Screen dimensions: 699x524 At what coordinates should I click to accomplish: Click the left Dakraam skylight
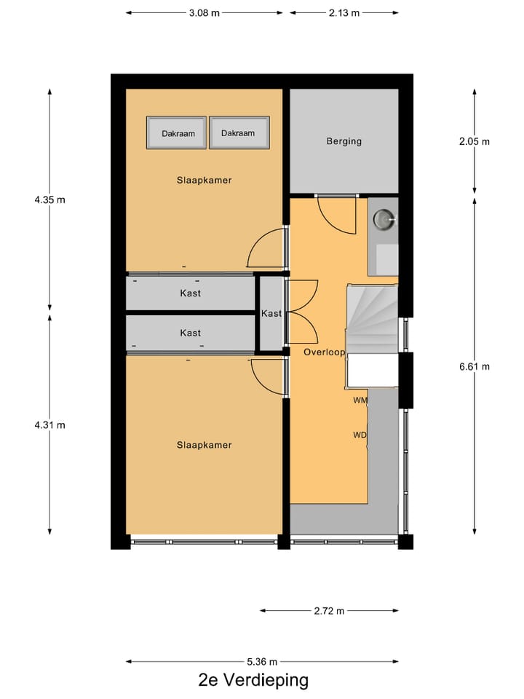click(177, 133)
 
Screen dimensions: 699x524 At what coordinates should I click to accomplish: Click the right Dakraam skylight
click(239, 133)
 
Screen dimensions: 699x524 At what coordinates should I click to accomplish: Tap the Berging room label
click(344, 141)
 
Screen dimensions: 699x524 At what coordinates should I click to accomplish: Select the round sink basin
click(384, 218)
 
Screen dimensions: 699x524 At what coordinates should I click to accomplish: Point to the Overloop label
click(323, 351)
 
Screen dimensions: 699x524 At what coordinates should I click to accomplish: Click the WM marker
click(360, 400)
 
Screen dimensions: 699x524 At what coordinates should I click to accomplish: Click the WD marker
click(360, 435)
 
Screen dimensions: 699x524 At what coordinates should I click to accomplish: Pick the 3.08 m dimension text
click(205, 12)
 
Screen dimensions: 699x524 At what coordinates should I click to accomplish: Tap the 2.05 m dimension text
click(475, 141)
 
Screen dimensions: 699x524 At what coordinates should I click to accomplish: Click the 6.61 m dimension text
click(475, 366)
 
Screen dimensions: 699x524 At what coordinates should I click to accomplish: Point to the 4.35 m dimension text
click(49, 200)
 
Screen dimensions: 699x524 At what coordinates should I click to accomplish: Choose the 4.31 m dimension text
click(49, 425)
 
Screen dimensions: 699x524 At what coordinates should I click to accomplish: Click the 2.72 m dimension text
click(328, 611)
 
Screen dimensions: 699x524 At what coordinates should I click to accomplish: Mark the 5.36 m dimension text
click(262, 662)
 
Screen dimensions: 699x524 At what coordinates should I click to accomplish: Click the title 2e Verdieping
click(253, 681)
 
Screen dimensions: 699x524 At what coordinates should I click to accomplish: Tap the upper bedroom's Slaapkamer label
click(204, 180)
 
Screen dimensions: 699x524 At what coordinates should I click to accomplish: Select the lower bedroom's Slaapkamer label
click(204, 445)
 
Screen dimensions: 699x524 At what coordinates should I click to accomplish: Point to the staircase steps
click(372, 317)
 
